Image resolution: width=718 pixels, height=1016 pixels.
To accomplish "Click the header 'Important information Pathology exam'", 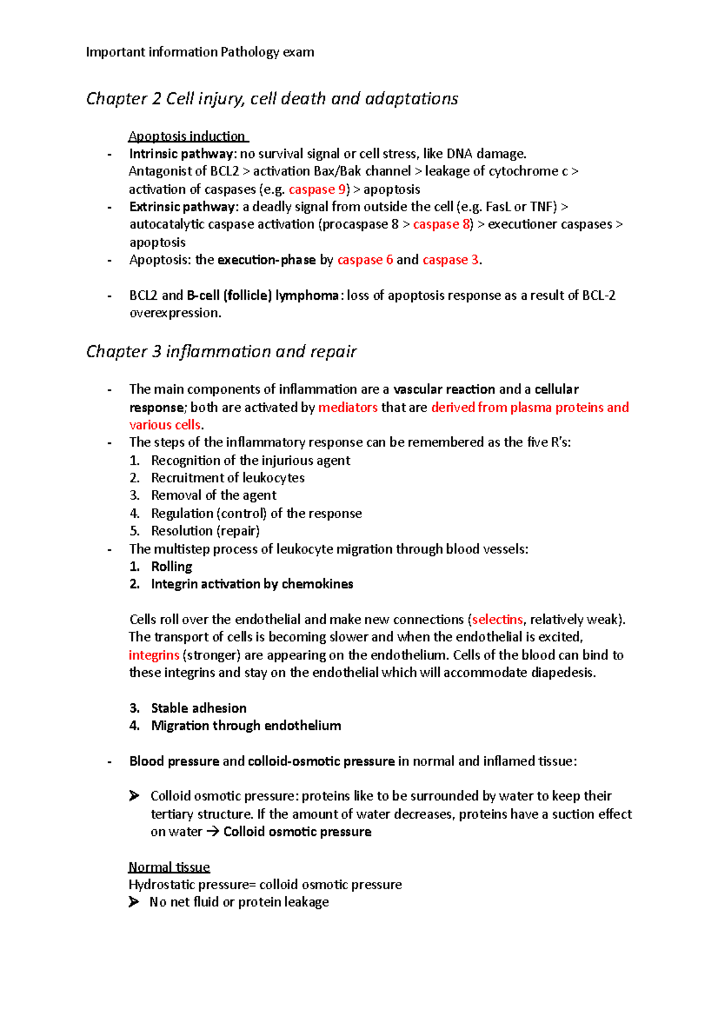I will point(200,52).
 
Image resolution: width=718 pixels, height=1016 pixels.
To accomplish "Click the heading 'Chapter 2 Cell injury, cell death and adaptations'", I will point(272,98).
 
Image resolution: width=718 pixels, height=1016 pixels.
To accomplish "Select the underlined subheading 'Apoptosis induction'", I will point(188,136).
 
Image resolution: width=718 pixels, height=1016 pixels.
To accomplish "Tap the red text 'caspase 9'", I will point(317,189).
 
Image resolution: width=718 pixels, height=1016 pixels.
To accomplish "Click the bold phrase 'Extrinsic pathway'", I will point(182,206).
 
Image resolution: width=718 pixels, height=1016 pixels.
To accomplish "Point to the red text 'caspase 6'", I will point(365,260).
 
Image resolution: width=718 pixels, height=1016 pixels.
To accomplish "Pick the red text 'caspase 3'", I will point(451,260).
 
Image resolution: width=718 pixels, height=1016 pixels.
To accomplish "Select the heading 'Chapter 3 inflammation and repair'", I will point(221,351).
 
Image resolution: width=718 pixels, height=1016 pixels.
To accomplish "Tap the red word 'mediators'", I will point(348,407).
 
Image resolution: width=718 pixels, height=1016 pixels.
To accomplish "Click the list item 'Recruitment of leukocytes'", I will point(227,477).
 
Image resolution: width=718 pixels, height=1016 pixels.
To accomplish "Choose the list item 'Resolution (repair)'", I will point(205,531).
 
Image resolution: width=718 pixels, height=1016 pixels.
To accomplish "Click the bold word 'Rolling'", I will point(172,567).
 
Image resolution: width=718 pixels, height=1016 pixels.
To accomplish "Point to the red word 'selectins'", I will point(497,619).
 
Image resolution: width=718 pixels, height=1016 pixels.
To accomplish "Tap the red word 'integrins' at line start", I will point(154,655).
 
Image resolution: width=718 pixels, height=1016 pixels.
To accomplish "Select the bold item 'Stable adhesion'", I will point(199,708).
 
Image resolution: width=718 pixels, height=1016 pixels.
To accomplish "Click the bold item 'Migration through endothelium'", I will point(246,726).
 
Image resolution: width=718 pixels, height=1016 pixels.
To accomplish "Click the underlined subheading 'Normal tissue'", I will point(169,867).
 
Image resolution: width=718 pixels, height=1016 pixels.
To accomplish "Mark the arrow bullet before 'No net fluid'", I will point(134,902).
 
